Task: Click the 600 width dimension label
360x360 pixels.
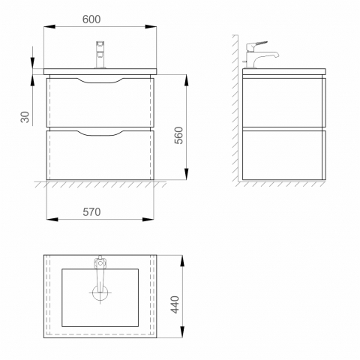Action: click(91, 19)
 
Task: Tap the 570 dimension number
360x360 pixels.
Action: click(91, 212)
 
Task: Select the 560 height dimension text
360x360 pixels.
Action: click(178, 135)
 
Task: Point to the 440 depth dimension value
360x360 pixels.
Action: click(175, 304)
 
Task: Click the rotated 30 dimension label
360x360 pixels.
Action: click(25, 117)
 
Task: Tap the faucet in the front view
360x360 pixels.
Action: click(100, 55)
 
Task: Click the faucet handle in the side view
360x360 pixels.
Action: click(256, 46)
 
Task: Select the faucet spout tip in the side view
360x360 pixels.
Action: click(277, 55)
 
